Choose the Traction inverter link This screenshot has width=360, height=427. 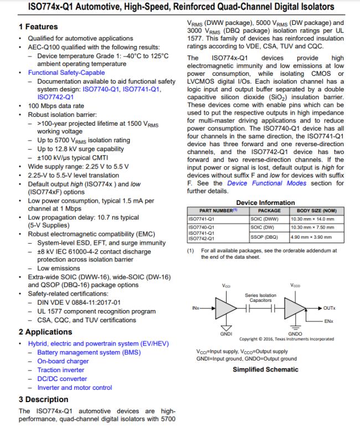61,370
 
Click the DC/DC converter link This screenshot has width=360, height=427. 62,379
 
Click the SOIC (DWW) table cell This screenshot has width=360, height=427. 266,219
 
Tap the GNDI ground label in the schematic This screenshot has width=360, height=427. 226,333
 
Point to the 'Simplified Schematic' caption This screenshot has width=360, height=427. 265,369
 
